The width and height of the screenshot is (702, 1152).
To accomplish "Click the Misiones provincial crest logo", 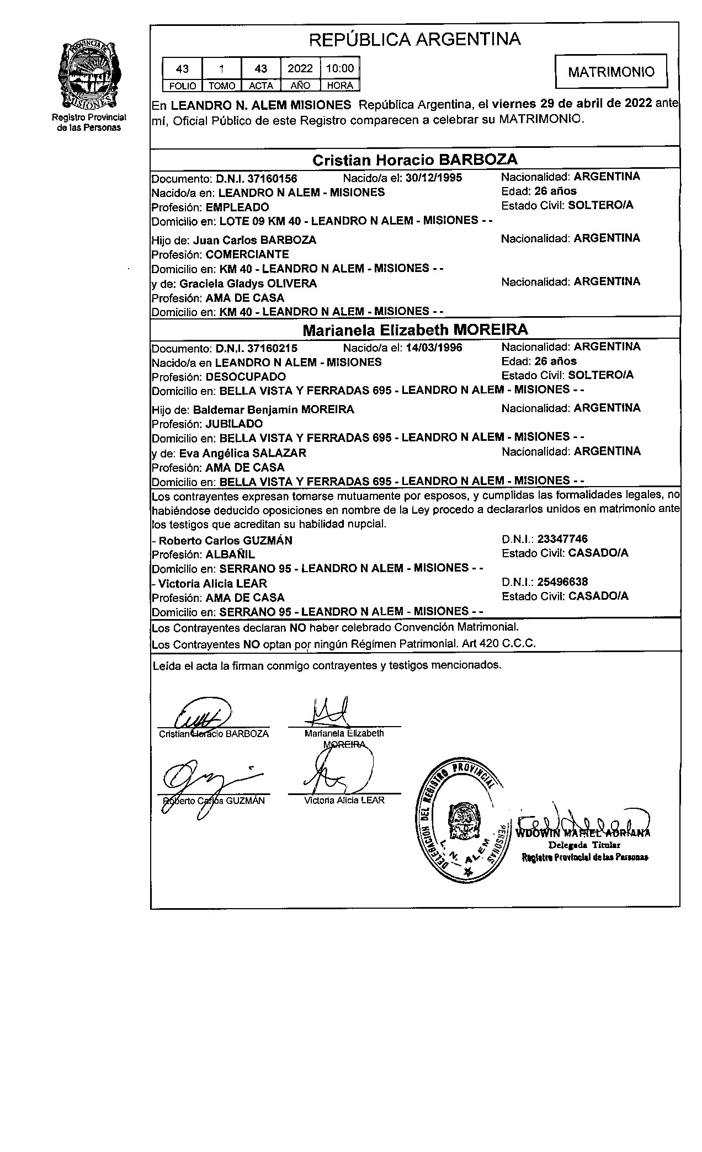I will click(x=89, y=75).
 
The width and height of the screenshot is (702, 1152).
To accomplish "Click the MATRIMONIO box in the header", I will click(x=611, y=72).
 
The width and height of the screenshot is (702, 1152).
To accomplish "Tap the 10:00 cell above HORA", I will click(x=339, y=68).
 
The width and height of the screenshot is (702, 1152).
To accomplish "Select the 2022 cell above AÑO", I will click(x=300, y=68).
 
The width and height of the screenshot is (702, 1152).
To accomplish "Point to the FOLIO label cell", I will click(x=182, y=86).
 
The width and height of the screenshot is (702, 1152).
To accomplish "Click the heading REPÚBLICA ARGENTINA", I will click(x=414, y=39).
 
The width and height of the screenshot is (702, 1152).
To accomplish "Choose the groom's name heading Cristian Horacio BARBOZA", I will click(x=415, y=160).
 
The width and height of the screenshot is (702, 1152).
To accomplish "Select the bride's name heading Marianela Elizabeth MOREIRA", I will click(x=415, y=330).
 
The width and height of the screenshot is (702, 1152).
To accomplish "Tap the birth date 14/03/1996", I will click(x=434, y=348).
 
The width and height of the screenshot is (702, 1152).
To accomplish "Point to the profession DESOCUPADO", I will click(x=246, y=377).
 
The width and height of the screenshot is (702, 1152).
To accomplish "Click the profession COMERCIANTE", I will click(x=247, y=254).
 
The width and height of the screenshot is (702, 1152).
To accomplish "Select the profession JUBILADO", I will click(x=234, y=424).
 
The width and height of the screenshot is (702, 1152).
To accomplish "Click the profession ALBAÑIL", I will click(x=230, y=554).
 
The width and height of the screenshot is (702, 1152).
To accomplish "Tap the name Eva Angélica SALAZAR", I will click(x=242, y=453).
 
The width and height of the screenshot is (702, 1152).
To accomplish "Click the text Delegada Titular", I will click(x=584, y=845).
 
